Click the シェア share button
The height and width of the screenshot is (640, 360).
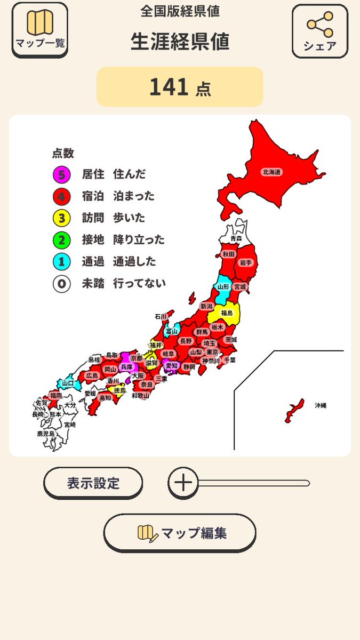tap(319, 31)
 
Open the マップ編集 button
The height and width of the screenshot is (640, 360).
tap(180, 533)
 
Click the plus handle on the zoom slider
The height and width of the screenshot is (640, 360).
tap(183, 483)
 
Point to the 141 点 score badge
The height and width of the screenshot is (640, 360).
tap(180, 87)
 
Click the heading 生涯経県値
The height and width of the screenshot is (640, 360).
tap(180, 42)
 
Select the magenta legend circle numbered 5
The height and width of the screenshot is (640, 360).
tap(62, 174)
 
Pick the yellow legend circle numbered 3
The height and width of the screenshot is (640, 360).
tap(62, 218)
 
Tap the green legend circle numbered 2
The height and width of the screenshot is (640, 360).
tap(62, 240)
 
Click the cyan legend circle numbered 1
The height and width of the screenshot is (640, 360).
tap(62, 262)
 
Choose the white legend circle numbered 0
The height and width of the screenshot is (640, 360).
tap(62, 284)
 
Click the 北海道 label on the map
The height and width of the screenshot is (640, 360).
tap(271, 172)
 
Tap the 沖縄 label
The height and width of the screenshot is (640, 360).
tap(320, 406)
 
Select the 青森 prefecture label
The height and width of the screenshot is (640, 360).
tap(236, 238)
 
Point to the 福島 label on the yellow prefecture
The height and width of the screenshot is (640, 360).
tap(227, 313)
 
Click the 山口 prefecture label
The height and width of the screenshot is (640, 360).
tap(68, 383)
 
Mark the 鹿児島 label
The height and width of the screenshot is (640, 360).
tap(45, 434)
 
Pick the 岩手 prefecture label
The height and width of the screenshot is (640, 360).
tap(245, 262)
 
